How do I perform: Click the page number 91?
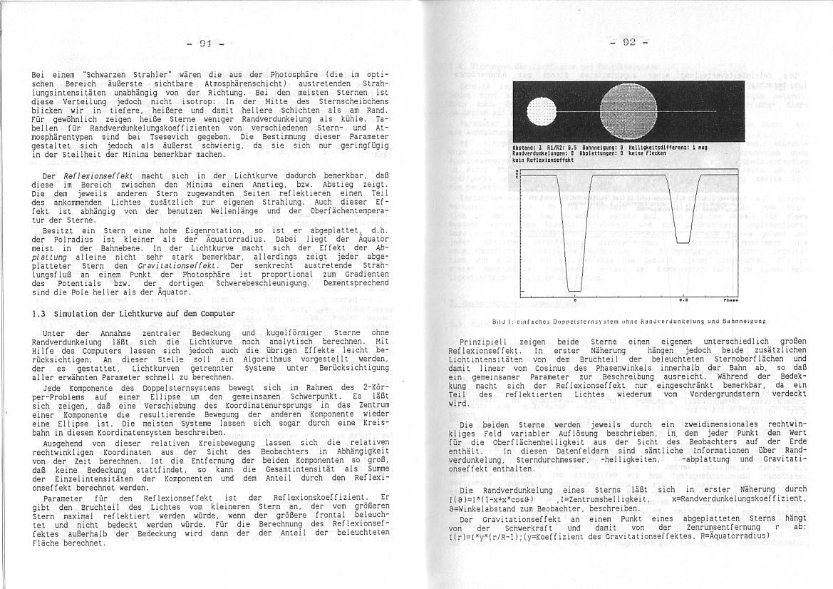206,43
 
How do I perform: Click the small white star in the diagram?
544,111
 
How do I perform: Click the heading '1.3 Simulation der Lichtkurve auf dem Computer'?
134,314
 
